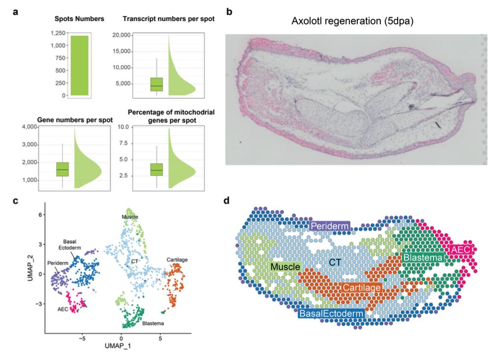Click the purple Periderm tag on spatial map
[329, 225]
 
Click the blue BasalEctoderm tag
[332, 313]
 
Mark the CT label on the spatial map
[335, 263]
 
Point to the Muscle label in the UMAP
[130, 217]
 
